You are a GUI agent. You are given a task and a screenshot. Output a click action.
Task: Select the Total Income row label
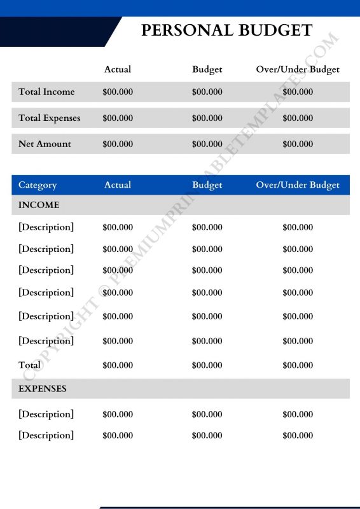click(x=46, y=92)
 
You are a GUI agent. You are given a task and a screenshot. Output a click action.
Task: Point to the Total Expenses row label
click(x=49, y=118)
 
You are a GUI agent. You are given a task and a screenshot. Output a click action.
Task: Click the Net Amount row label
click(x=45, y=144)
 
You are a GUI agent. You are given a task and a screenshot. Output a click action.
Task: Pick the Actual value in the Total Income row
click(x=118, y=92)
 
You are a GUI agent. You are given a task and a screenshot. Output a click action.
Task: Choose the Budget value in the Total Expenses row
click(x=207, y=118)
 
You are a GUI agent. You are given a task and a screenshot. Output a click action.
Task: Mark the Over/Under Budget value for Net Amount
click(x=298, y=144)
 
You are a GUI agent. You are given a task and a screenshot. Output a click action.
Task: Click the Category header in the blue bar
click(x=38, y=185)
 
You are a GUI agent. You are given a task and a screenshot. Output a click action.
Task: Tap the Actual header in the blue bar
click(x=118, y=185)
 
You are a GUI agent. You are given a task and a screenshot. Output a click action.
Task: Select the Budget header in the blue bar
click(x=207, y=185)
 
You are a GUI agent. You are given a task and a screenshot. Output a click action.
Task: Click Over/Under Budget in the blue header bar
click(x=298, y=185)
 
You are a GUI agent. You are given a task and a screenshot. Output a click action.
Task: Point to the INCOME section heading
click(x=39, y=205)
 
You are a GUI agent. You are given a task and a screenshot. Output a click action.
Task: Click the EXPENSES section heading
click(x=42, y=388)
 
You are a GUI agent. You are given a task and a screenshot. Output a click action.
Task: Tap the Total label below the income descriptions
click(x=29, y=365)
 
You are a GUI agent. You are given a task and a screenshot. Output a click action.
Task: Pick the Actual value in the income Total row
click(x=118, y=365)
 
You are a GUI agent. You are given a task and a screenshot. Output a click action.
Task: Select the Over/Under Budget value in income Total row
click(x=298, y=365)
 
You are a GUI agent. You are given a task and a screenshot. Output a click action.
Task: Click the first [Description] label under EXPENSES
click(x=46, y=414)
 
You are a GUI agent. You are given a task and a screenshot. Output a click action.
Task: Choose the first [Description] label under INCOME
click(x=46, y=227)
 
